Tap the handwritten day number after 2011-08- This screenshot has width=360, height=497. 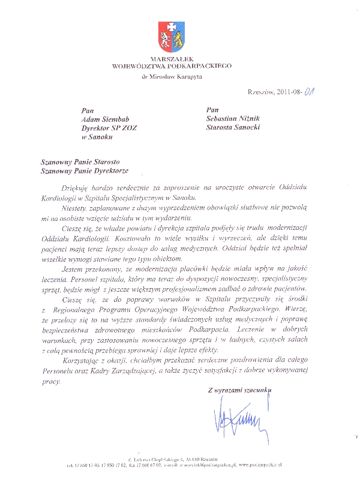coord(311,92)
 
